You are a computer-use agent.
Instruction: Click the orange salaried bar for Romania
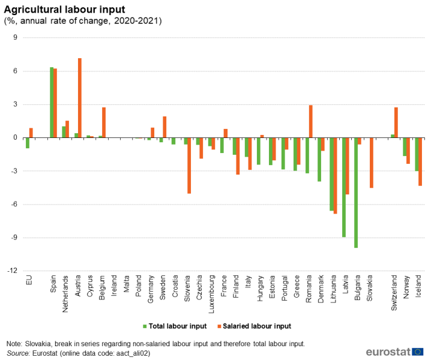click(x=311, y=122)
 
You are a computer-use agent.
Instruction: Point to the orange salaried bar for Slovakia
click(x=372, y=163)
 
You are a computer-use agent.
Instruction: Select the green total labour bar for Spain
click(x=52, y=103)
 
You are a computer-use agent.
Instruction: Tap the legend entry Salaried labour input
click(x=256, y=326)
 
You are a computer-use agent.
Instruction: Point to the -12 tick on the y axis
click(x=11, y=271)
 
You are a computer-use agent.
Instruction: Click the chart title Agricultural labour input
click(x=65, y=9)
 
